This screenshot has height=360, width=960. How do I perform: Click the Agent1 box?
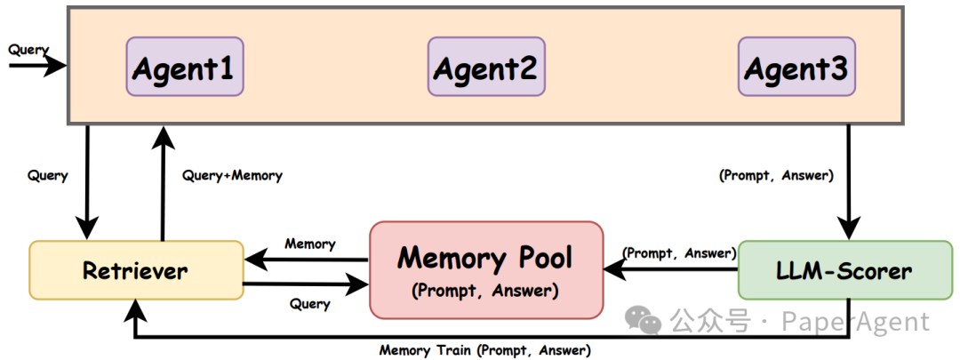(x=184, y=67)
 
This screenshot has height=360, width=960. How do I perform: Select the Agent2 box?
(x=485, y=67)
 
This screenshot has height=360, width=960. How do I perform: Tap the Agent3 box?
(x=796, y=67)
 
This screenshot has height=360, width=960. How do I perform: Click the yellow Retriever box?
(x=135, y=270)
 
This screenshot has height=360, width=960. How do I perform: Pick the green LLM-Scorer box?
(x=845, y=269)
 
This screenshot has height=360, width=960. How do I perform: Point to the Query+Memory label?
(x=232, y=176)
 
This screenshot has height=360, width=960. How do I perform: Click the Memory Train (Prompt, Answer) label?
(x=484, y=350)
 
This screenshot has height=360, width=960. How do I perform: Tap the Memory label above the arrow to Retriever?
(x=309, y=244)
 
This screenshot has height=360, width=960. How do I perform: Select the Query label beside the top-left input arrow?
(x=28, y=50)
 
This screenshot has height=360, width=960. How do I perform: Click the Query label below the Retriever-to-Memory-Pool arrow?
(x=309, y=304)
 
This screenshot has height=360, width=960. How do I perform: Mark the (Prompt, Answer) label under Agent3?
(x=775, y=176)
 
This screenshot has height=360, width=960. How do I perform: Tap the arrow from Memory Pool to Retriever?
(x=307, y=260)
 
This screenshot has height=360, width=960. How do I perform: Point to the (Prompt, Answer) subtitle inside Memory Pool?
(x=485, y=291)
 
